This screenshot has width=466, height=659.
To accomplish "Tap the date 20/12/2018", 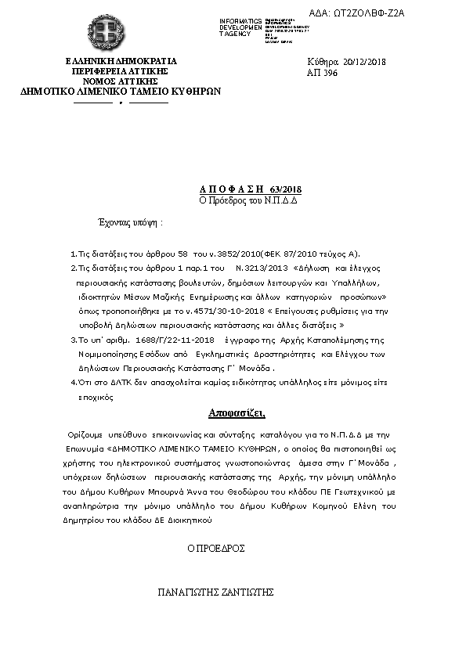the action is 365,62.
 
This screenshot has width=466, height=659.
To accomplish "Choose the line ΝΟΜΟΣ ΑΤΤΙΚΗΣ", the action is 121,81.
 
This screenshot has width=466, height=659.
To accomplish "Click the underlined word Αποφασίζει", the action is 237,412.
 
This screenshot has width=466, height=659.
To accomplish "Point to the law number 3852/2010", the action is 227,254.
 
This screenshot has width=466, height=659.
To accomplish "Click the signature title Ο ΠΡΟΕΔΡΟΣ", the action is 216,549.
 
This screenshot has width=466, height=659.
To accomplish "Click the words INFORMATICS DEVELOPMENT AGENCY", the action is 241,27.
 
